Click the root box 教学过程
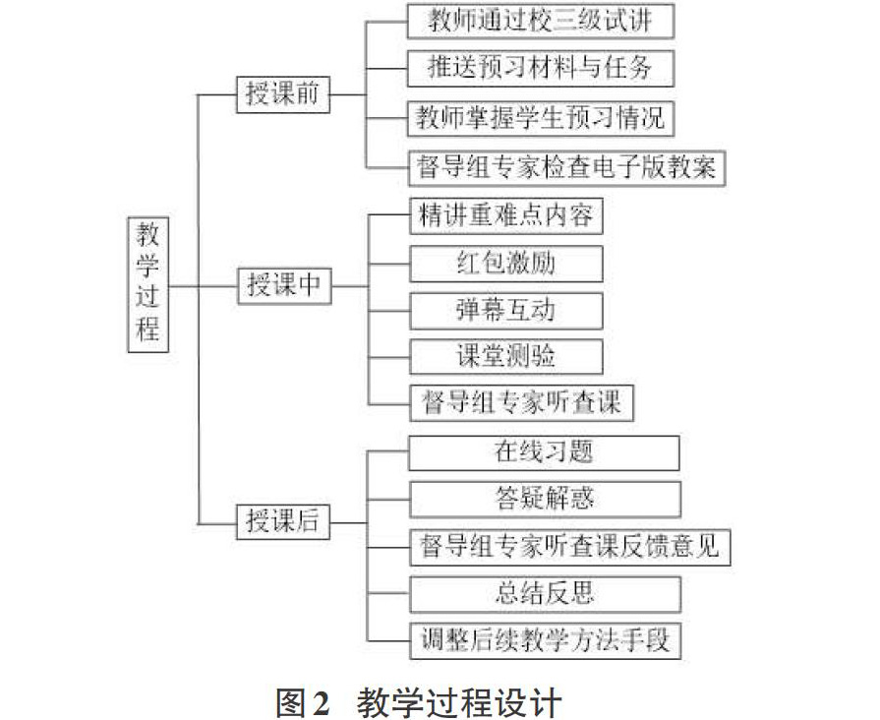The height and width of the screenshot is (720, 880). click(148, 284)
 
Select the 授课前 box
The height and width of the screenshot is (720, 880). click(283, 94)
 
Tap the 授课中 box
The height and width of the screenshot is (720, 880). click(284, 286)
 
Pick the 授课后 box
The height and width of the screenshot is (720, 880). click(283, 521)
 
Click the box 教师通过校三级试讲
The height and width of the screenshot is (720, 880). click(541, 22)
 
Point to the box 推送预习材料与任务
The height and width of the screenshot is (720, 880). click(541, 69)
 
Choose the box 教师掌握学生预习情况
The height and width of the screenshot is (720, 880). click(541, 118)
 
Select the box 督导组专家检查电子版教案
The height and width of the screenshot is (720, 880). click(566, 168)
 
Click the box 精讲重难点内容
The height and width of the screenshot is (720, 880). click(506, 216)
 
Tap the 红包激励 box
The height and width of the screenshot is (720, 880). click(506, 264)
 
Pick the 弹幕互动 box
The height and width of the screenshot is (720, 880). click(506, 311)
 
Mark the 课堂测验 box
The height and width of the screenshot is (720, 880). click(506, 356)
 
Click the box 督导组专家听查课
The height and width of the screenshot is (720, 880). click(522, 403)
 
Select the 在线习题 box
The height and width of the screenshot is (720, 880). click(544, 452)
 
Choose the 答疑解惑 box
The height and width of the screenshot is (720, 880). click(545, 500)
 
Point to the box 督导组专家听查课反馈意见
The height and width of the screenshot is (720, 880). click(570, 547)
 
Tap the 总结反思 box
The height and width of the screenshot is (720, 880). click(545, 594)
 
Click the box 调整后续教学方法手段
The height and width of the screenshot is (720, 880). click(545, 640)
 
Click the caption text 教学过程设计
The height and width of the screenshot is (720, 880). click(459, 702)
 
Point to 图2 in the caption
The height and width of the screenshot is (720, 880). click(303, 702)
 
